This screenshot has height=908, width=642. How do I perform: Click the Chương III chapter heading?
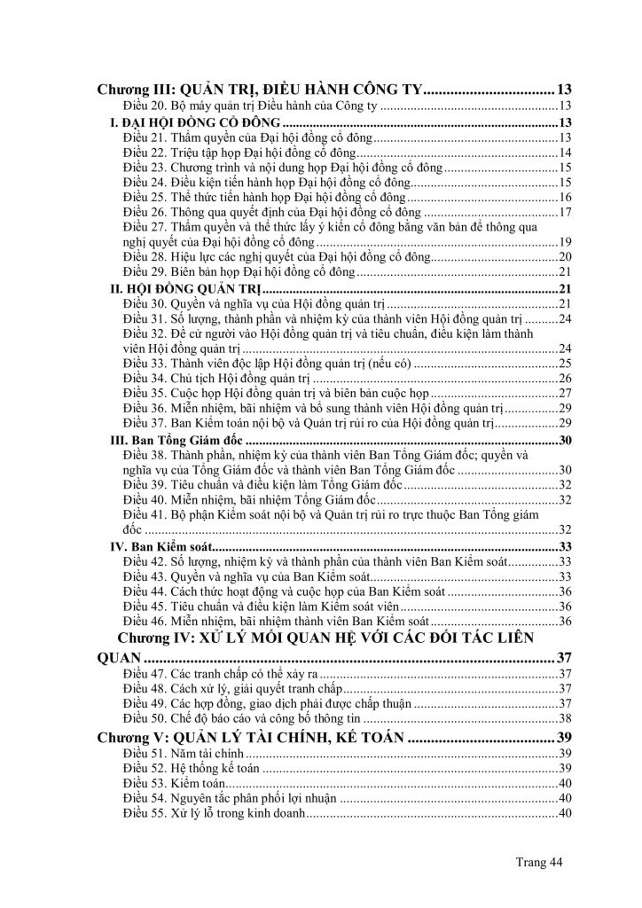click(263, 90)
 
